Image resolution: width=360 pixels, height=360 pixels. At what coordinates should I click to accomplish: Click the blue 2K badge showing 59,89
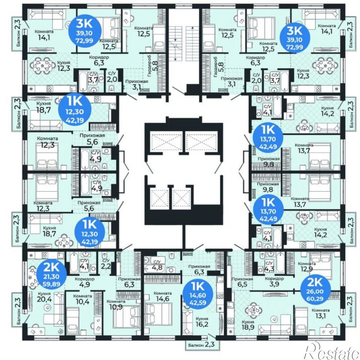[x=52, y=274]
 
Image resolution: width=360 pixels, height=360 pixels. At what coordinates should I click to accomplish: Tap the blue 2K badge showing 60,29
[x=316, y=289]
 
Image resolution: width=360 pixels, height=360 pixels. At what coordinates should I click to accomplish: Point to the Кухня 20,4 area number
[x=44, y=299]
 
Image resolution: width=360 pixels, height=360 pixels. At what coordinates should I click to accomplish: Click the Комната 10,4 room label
[x=82, y=299]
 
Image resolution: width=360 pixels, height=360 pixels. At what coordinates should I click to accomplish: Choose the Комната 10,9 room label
[x=116, y=304]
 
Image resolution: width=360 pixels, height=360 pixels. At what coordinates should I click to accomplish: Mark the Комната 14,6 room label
[x=162, y=296]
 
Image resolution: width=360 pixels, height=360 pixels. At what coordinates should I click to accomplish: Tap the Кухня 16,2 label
[x=202, y=321]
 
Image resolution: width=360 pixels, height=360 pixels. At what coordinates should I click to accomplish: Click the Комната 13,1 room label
[x=320, y=313]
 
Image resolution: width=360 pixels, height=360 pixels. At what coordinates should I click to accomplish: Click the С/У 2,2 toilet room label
[x=106, y=264]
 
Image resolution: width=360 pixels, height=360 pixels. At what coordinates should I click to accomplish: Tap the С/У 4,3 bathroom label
[x=269, y=266]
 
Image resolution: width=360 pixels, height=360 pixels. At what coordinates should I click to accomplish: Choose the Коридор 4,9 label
[x=84, y=282]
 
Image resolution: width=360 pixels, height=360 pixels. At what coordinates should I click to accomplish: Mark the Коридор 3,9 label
[x=275, y=281]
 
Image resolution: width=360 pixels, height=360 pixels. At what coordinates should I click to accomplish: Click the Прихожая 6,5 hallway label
[x=242, y=282]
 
